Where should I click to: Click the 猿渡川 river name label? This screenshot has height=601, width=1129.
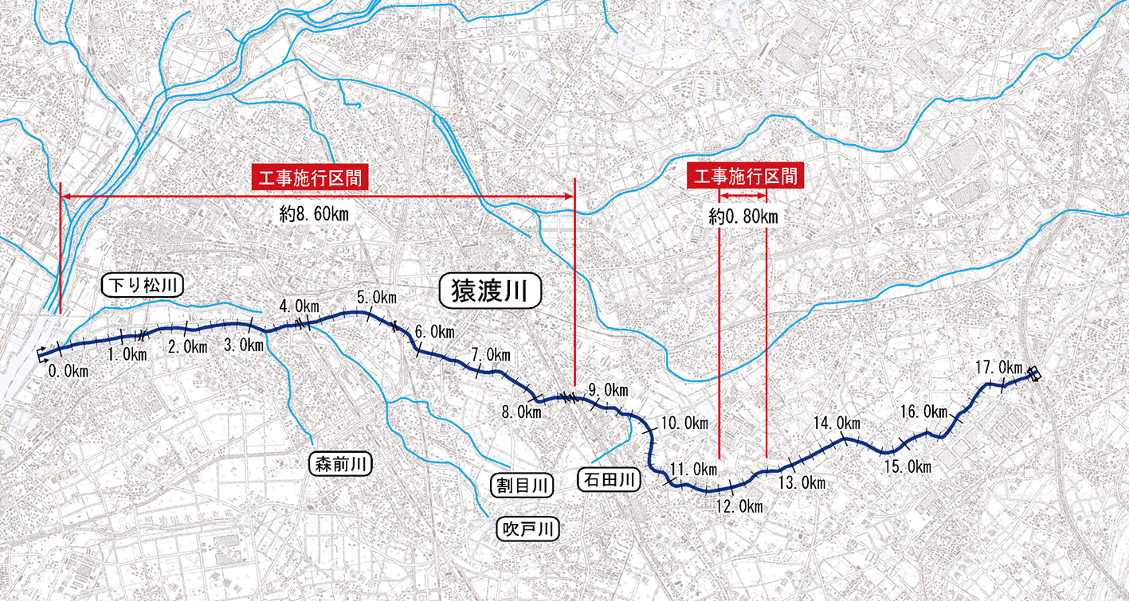491,291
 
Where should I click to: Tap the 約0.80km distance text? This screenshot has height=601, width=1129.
744,215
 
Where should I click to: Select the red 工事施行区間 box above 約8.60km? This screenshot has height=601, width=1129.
310,177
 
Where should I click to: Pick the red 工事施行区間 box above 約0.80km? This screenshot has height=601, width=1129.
745,177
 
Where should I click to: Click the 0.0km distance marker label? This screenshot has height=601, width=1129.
68,371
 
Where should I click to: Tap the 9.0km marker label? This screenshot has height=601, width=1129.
608,389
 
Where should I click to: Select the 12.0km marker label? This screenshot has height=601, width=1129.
739,506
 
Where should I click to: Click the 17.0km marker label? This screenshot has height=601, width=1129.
998,367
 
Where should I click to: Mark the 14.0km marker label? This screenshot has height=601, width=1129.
837,422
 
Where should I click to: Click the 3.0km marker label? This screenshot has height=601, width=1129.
244,345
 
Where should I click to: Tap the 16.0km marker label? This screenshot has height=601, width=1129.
924,412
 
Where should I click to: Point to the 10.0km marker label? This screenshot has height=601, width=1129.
684,423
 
